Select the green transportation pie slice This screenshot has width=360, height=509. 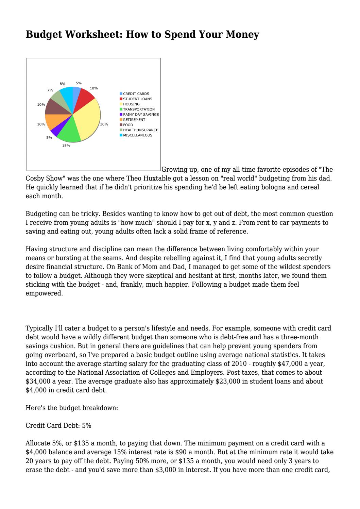pos(70,131)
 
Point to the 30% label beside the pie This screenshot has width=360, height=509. pos(104,124)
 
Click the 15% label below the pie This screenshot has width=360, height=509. pos(66,146)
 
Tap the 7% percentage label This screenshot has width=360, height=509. pos(50,90)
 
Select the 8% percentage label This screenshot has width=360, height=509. pos(63,84)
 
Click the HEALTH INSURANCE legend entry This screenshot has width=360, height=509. pos(140,130)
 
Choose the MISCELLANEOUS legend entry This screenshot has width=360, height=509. pos(137,135)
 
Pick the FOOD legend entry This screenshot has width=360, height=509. pos(128,125)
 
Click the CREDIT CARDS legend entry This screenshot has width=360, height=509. pos(136,94)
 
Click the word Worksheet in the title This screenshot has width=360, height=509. pos(91,34)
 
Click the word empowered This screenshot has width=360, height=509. pos(44,293)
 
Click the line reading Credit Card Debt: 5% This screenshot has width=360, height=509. pos(58,425)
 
